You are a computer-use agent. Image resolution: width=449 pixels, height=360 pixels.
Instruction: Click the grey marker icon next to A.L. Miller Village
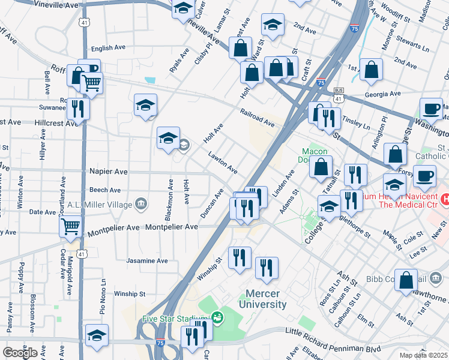click(x=141, y=203)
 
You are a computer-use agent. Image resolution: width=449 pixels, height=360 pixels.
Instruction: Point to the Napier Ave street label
click(x=109, y=172)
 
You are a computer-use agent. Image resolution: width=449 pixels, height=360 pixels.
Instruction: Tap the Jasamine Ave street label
click(x=147, y=261)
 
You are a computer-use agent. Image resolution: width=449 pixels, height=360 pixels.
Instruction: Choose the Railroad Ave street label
click(x=258, y=118)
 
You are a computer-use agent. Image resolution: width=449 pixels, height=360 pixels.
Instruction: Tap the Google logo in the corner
click(x=20, y=352)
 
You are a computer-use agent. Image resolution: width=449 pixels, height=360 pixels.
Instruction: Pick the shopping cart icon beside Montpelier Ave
click(x=71, y=227)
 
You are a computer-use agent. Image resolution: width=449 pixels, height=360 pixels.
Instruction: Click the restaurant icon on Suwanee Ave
click(x=78, y=109)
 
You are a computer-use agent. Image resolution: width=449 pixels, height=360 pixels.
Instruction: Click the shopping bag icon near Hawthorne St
click(x=407, y=280)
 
